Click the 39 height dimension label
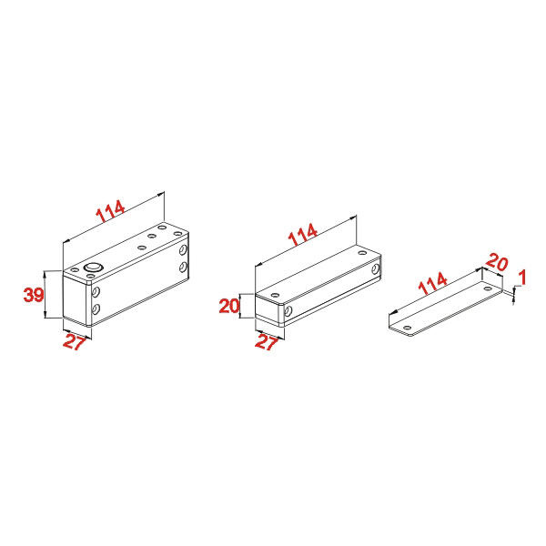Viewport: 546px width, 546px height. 34,295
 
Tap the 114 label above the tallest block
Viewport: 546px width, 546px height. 110,211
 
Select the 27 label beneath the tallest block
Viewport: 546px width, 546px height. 75,342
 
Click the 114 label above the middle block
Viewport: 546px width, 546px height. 303,234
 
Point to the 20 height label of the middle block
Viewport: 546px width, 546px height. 229,306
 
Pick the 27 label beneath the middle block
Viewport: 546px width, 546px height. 267,342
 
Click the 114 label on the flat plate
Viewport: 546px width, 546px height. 432,283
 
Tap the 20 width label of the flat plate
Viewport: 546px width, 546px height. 497,262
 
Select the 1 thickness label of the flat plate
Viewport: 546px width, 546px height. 522,278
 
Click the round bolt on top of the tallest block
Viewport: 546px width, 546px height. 93,268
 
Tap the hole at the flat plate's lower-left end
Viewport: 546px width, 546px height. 407,328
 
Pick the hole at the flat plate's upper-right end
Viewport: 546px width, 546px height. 488,288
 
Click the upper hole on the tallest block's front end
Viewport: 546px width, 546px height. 96,291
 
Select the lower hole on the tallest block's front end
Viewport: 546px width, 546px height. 96,308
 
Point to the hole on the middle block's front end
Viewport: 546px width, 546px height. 288,311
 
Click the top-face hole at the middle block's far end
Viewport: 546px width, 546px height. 362,252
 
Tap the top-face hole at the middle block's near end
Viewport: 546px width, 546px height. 275,295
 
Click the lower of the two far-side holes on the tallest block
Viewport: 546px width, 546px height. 183,267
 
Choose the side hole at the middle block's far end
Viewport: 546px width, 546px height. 375,268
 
